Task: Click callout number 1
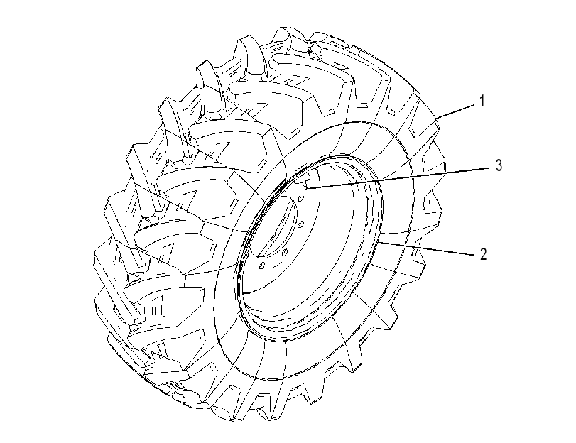tap(482, 101)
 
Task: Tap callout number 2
tap(484, 254)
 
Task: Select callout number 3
tap(499, 165)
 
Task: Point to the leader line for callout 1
tap(455, 111)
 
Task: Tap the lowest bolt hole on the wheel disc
tap(261, 266)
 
